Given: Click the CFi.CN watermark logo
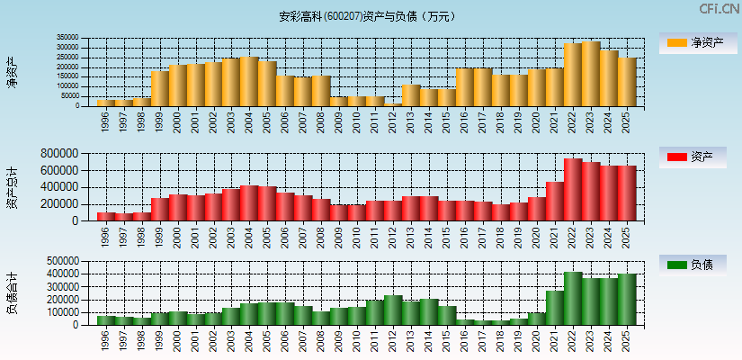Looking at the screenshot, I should pyautogui.click(x=720, y=9).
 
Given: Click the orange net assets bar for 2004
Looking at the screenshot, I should pyautogui.click(x=249, y=82).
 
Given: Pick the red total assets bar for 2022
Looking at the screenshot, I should pyautogui.click(x=573, y=189).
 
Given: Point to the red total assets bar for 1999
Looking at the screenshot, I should pyautogui.click(x=160, y=209).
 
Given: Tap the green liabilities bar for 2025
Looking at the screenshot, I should pyautogui.click(x=627, y=300).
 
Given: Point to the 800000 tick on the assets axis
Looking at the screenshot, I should pyautogui.click(x=62, y=155).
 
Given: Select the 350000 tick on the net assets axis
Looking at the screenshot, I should pyautogui.click(x=67, y=39).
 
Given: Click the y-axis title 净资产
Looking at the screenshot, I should pyautogui.click(x=12, y=72).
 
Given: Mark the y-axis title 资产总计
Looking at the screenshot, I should pyautogui.click(x=12, y=187).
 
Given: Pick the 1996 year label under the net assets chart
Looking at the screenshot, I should pyautogui.click(x=105, y=120).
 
